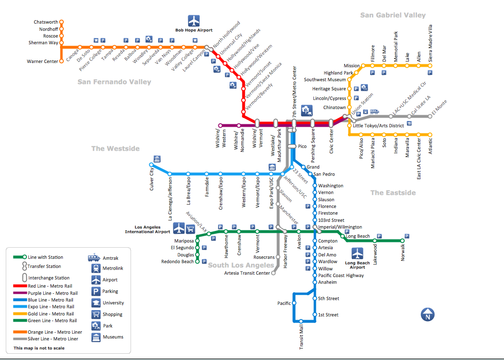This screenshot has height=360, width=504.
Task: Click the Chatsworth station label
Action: tap(46, 22)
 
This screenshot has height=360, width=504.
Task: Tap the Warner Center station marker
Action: tap(61, 61)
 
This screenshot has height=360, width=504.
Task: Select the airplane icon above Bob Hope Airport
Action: tap(193, 21)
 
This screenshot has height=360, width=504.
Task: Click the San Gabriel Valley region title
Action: tap(393, 15)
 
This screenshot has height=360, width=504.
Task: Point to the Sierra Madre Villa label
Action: tap(430, 42)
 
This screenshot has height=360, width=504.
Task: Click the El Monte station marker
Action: tap(430, 116)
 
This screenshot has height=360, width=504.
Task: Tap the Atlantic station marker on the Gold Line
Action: tap(430, 135)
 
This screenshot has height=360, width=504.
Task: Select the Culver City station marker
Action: tap(152, 165)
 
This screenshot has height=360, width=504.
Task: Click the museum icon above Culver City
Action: tap(156, 159)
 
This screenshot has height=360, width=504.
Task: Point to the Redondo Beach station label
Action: tap(177, 262)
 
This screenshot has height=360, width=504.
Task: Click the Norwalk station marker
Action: tap(403, 241)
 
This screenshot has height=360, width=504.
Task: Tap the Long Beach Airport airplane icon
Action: tap(358, 253)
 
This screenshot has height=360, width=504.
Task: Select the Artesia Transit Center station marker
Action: tap(274, 273)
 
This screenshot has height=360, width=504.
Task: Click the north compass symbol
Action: tap(427, 315)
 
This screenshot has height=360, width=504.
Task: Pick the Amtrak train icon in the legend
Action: tap(95, 258)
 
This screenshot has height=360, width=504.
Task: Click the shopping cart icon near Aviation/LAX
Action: tap(191, 228)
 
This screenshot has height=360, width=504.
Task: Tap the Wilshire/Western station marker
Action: tap(220, 125)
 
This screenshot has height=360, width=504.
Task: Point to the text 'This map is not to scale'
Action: tap(39, 348)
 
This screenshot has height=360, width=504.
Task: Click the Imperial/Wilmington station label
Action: tap(340, 227)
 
